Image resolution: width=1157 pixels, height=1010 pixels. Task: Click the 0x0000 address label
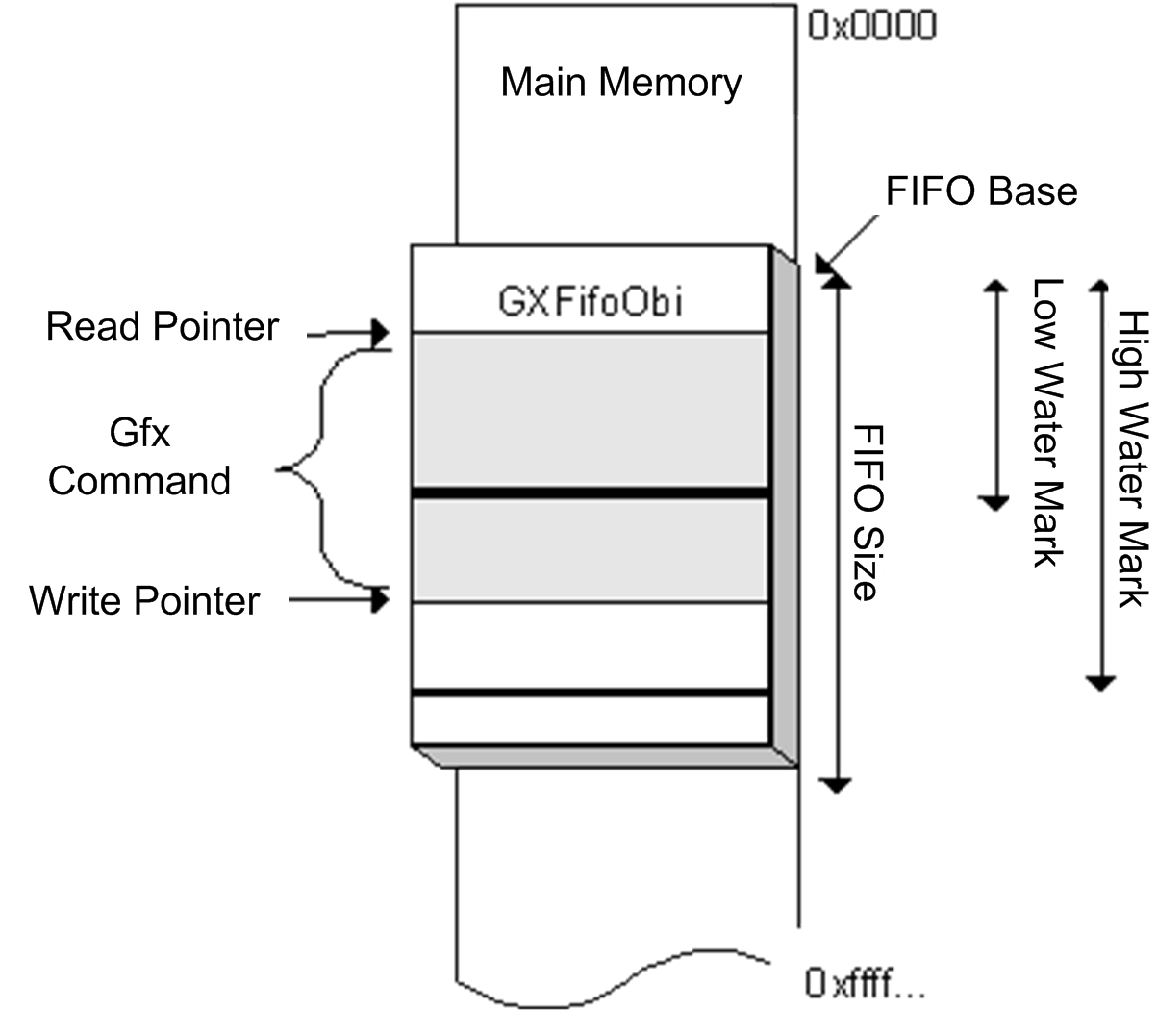tap(871, 26)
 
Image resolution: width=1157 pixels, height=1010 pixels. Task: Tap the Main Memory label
tap(621, 83)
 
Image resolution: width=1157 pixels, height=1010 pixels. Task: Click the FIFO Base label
tap(981, 191)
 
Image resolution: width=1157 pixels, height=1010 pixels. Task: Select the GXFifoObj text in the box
tap(591, 302)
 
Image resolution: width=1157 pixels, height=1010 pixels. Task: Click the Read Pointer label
tap(163, 327)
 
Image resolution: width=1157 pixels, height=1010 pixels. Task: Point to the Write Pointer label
tap(144, 601)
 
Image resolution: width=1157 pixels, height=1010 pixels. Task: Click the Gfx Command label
tap(139, 458)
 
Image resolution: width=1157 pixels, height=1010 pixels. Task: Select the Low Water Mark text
tap(1045, 422)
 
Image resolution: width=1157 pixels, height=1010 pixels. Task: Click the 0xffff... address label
tap(865, 983)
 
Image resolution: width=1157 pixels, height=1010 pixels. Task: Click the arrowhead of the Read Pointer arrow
tap(380, 334)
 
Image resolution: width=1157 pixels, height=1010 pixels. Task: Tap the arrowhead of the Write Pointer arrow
tap(381, 600)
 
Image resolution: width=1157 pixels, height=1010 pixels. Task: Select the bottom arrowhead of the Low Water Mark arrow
tap(994, 501)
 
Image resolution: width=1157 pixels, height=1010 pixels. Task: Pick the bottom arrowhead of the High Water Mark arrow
tap(1100, 683)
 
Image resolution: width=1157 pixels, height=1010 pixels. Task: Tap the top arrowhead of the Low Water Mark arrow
tap(994, 285)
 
